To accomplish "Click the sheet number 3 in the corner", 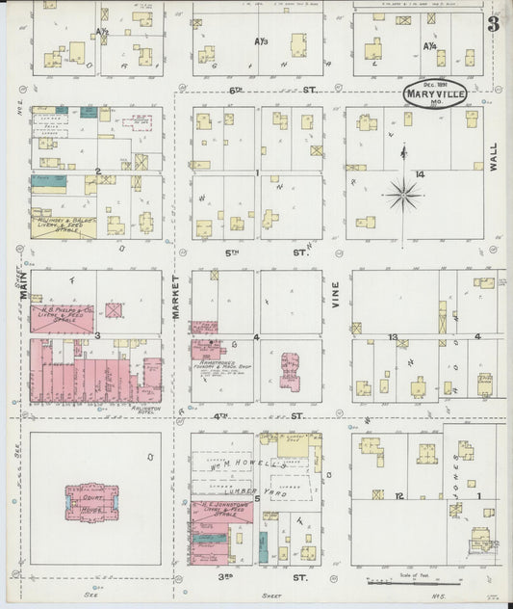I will coord(492,24).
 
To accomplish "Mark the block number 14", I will coord(420,173).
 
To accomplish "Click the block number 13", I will coord(393,337).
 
